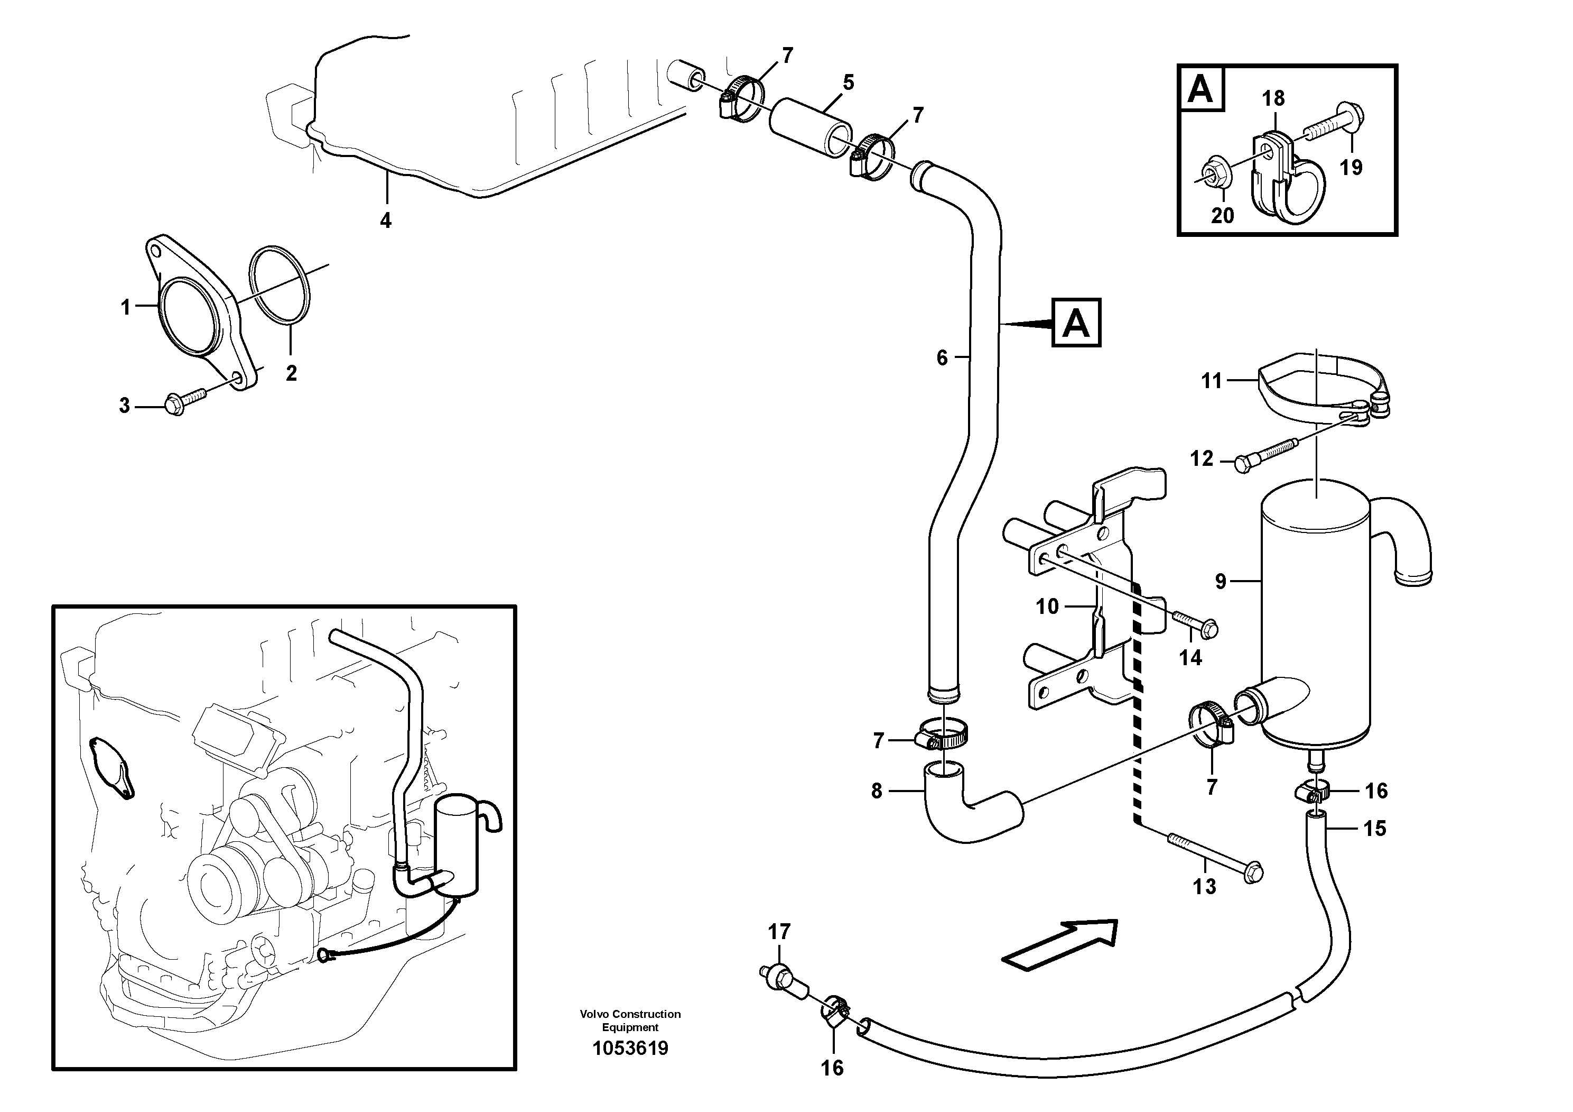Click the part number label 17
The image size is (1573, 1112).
[779, 932]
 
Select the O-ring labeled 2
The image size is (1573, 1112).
[280, 284]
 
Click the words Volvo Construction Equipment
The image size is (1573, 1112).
[630, 1020]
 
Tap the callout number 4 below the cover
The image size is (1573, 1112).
[386, 220]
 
